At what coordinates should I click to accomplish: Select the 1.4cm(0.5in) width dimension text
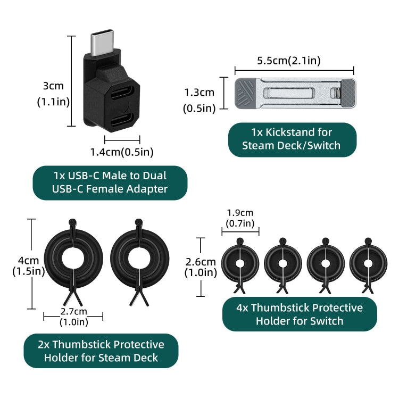122,152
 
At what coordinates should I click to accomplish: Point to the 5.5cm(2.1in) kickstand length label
289,60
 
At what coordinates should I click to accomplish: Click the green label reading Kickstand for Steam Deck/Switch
292,139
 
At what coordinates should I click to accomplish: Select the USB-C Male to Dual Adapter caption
110,182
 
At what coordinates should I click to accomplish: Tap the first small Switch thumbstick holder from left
240,264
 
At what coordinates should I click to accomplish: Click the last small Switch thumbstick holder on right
368,264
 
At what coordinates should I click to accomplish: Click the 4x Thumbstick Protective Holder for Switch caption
300,314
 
